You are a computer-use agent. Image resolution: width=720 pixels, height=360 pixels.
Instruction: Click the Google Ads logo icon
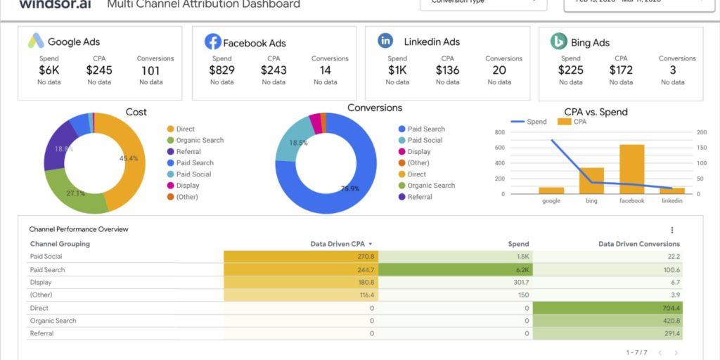(x=36, y=41)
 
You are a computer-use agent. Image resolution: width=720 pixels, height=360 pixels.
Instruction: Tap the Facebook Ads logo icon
(x=212, y=41)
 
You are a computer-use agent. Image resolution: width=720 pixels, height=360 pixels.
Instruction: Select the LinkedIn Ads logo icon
(x=385, y=41)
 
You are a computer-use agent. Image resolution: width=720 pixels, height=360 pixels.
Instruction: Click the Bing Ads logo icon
(x=559, y=41)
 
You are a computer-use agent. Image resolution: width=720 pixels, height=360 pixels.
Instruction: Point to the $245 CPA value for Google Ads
(x=99, y=70)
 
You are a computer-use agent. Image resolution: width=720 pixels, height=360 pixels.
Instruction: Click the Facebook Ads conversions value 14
(x=325, y=70)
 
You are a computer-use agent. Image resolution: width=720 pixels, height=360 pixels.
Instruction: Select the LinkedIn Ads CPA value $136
(x=447, y=70)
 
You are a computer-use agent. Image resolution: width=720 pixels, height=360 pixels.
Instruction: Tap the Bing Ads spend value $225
(x=570, y=70)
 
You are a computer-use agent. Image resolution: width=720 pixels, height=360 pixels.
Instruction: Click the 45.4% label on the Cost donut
(x=129, y=158)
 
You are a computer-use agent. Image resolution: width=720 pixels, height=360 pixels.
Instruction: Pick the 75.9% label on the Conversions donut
(x=350, y=188)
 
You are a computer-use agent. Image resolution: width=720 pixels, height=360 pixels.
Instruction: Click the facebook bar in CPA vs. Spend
(x=631, y=169)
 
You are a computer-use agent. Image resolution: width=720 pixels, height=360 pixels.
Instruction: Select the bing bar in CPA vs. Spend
(x=591, y=181)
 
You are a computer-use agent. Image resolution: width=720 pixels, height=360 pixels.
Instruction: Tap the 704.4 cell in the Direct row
(x=607, y=308)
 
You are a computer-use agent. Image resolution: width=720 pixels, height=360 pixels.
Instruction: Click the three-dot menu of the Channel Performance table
(x=672, y=230)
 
